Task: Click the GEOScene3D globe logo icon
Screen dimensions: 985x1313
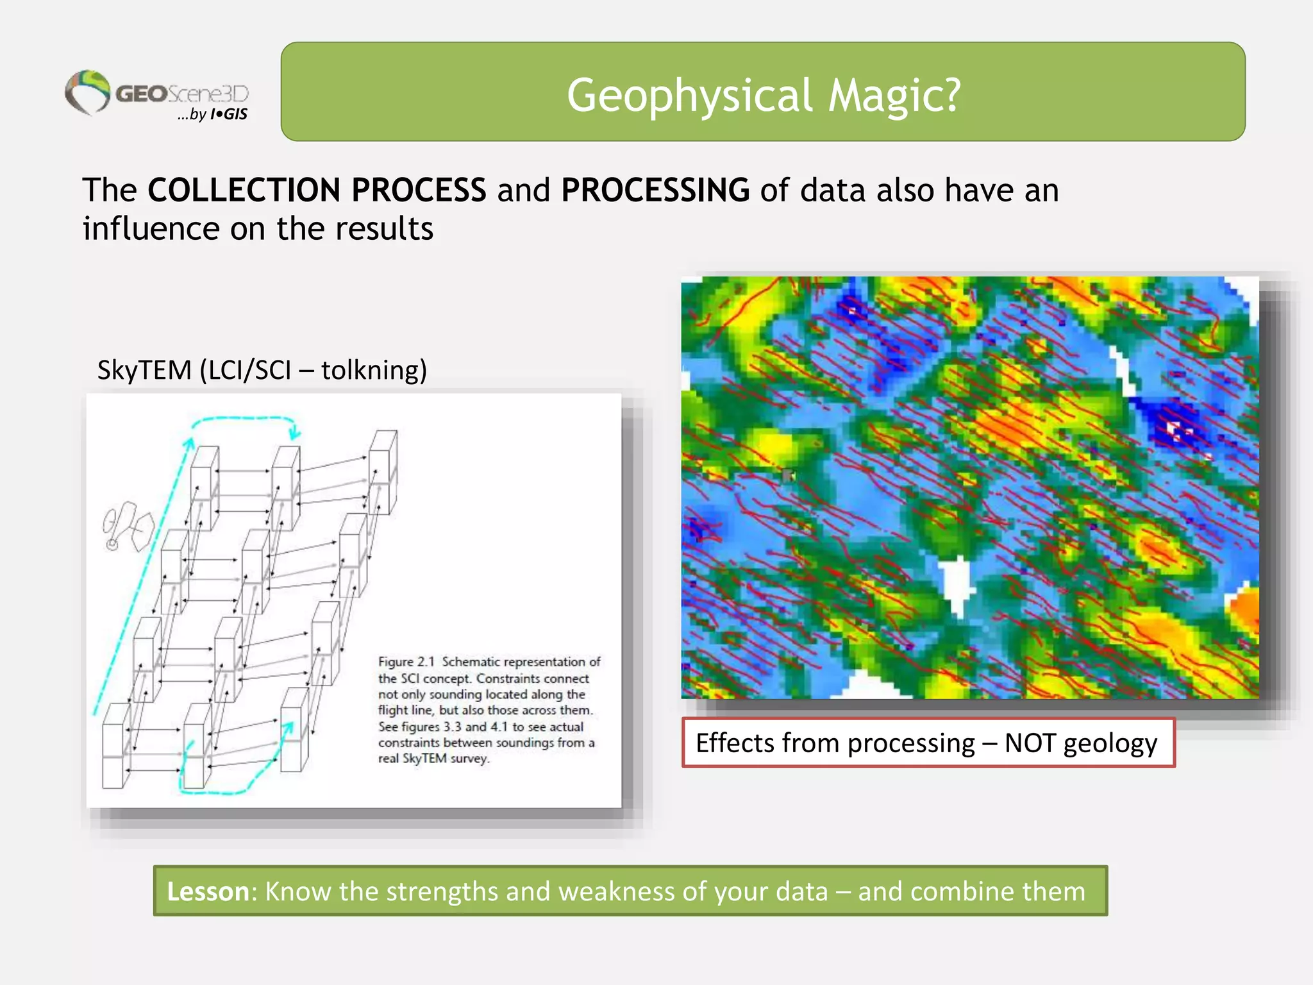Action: pos(88,92)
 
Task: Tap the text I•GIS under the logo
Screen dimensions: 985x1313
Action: pos(229,115)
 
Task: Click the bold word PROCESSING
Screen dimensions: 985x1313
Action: pos(655,190)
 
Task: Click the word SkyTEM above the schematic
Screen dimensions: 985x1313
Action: pos(144,370)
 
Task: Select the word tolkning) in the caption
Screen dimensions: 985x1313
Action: pos(374,370)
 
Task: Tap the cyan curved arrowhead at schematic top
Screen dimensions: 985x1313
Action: pos(294,431)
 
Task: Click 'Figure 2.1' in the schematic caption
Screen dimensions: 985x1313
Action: pos(406,662)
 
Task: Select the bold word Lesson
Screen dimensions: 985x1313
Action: pos(208,891)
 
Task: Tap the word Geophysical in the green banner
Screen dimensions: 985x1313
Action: pos(690,96)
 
